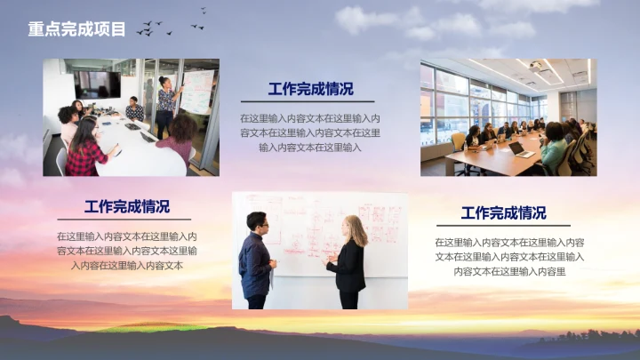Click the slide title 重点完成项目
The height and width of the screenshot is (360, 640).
[76, 29]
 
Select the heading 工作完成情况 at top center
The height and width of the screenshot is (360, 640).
[310, 89]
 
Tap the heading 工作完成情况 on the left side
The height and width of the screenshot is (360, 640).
[127, 207]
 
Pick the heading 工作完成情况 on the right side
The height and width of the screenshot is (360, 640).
[503, 213]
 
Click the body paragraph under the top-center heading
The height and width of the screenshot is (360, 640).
[310, 132]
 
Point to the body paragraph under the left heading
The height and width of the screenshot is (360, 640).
[127, 251]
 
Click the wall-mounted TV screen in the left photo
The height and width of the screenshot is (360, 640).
[97, 84]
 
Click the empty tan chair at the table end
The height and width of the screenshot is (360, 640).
[458, 141]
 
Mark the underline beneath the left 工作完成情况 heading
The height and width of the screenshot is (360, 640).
[124, 219]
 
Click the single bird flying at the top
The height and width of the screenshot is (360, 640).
[203, 11]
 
